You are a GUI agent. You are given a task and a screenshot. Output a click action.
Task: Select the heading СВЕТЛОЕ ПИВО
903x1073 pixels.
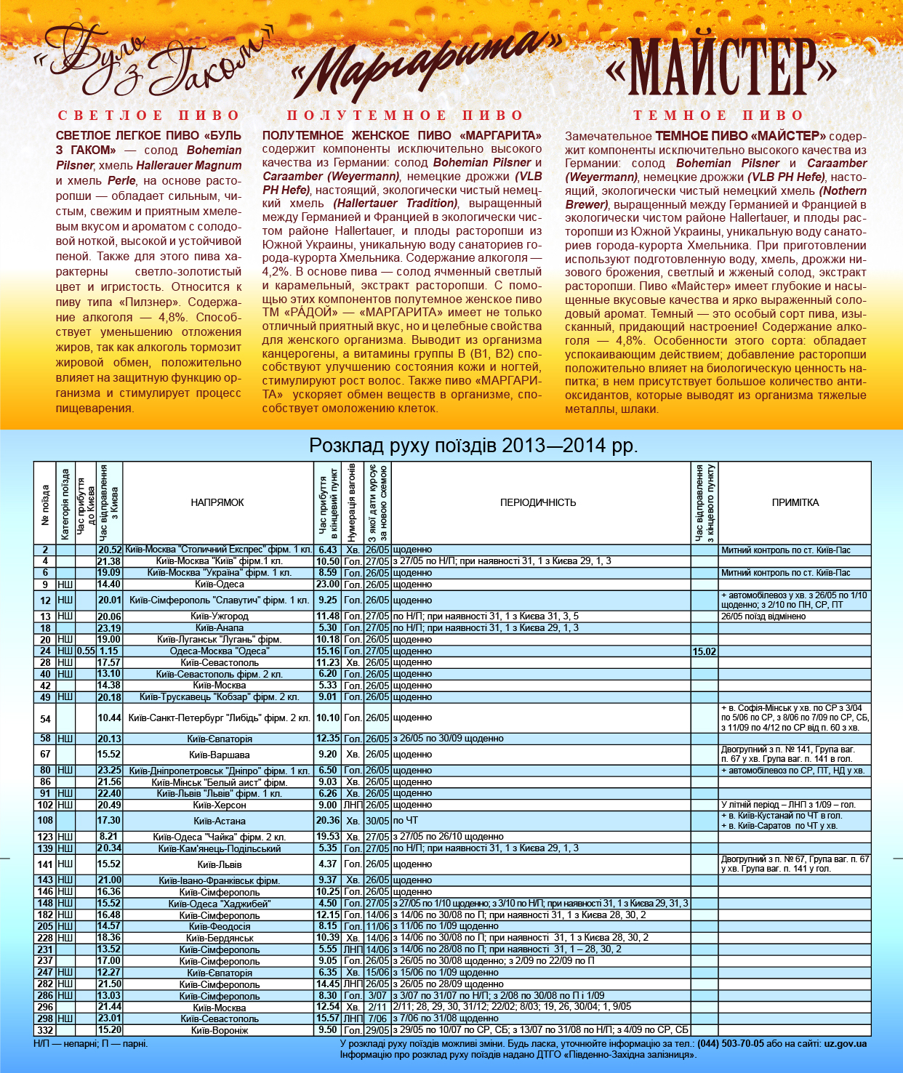pos(149,116)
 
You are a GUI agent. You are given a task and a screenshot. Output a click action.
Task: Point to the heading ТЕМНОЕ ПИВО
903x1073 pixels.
pos(718,116)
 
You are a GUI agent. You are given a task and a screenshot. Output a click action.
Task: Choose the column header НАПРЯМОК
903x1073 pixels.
pos(217,502)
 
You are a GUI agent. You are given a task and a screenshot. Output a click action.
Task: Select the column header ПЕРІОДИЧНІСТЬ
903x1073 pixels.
pos(538,502)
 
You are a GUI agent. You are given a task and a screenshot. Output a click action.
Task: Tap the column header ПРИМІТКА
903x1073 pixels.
pos(795,502)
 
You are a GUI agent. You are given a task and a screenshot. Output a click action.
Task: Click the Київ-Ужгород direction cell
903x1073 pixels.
pos(219,616)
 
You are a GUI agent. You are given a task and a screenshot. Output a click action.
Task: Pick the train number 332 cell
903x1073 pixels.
pos(45,1030)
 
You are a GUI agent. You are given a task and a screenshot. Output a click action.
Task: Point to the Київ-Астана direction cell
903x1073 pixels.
pos(219,821)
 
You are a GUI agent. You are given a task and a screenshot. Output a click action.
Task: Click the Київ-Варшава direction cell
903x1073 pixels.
pos(219,755)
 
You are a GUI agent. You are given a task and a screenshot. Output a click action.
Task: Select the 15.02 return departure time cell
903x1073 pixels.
pos(704,651)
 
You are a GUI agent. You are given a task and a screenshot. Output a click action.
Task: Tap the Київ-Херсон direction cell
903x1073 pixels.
pos(219,805)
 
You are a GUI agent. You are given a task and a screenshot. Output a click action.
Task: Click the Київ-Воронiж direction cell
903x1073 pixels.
pos(219,1030)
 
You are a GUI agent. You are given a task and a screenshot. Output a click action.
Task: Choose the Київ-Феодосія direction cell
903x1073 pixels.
pos(219,926)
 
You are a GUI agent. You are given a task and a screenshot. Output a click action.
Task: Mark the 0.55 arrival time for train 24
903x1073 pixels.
pos(86,651)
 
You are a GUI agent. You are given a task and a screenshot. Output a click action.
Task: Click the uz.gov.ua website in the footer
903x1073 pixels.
pos(845,1044)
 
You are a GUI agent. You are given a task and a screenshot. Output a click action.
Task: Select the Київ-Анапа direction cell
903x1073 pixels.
pos(219,628)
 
